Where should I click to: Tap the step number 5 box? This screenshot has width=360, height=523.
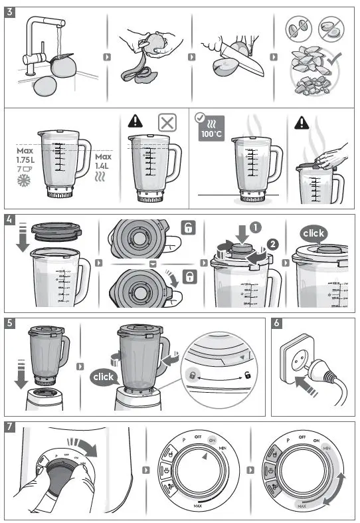click(x=10, y=323)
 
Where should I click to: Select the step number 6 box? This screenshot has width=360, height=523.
click(x=278, y=323)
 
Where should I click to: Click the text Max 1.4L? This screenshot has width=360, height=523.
click(x=104, y=161)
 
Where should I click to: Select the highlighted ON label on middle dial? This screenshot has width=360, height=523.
click(x=213, y=439)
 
